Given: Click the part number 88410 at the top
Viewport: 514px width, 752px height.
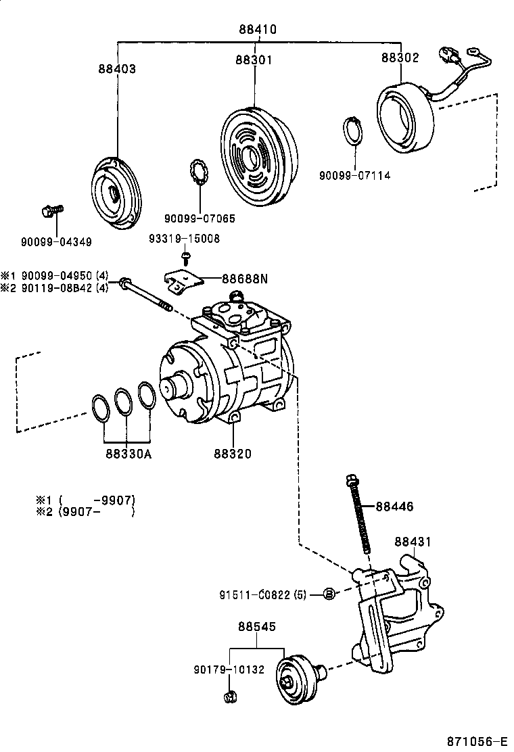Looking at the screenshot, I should [x=257, y=30].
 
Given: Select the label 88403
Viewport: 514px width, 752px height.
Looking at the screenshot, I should [x=116, y=69].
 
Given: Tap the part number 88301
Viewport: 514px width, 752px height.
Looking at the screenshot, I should [x=254, y=60].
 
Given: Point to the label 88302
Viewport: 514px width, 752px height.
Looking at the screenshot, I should [x=400, y=58].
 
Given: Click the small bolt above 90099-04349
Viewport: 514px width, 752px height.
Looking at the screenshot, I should [x=51, y=212].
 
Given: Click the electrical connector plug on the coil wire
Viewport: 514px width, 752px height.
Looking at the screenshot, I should [x=449, y=55].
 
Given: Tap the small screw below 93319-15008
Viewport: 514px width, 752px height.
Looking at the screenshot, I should [x=185, y=257].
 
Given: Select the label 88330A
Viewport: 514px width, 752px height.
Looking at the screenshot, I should [x=128, y=454].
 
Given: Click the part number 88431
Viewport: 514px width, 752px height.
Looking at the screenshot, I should [x=413, y=542].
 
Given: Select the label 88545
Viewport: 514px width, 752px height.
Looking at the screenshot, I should [x=256, y=627].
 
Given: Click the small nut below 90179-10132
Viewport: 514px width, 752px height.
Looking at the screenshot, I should [x=229, y=696].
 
